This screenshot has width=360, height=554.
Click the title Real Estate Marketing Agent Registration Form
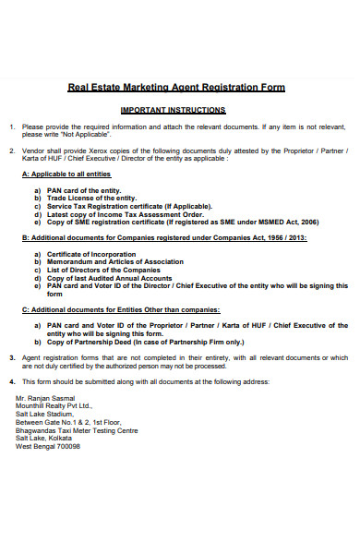pyautogui.click(x=176, y=88)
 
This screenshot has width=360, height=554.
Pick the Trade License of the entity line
pyautogui.click(x=92, y=198)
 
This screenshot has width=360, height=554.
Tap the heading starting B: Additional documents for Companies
pyautogui.click(x=164, y=238)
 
